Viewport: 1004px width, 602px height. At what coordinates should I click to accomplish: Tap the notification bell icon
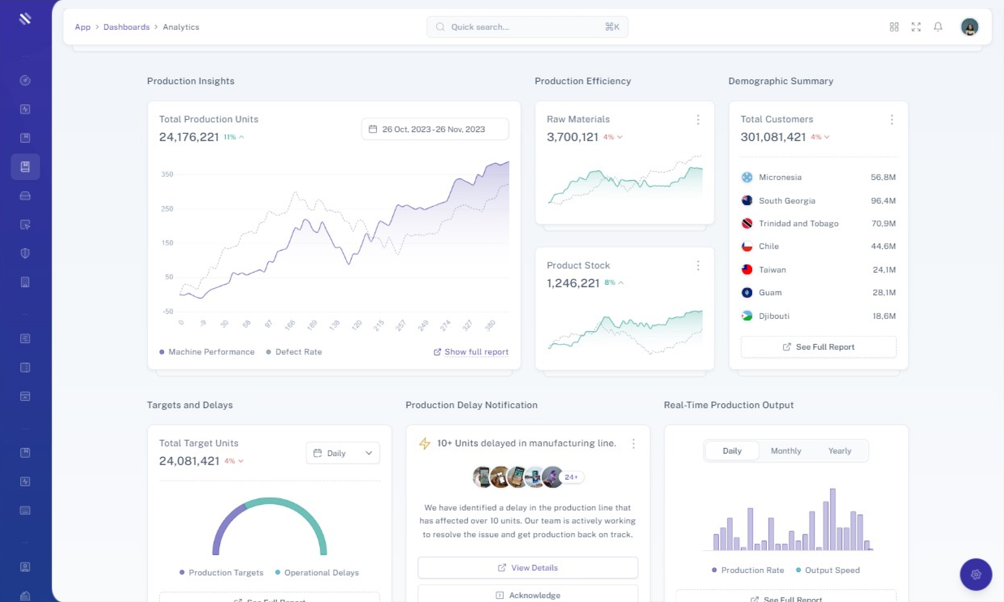click(938, 27)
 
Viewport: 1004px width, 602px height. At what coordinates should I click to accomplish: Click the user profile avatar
click(970, 27)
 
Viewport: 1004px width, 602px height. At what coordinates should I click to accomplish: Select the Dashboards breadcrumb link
click(126, 27)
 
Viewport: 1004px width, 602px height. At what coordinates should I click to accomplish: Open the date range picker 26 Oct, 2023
click(435, 129)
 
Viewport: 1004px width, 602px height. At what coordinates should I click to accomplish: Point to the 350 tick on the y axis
click(167, 174)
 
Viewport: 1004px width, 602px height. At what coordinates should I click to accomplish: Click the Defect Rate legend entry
click(298, 352)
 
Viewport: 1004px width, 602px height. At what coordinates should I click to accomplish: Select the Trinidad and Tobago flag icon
click(747, 224)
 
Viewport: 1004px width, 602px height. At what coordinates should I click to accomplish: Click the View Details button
click(528, 568)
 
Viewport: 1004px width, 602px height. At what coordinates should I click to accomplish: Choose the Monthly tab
click(786, 451)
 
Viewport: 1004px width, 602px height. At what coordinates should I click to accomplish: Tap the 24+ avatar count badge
click(571, 477)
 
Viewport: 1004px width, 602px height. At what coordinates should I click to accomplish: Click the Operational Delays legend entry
click(321, 572)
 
